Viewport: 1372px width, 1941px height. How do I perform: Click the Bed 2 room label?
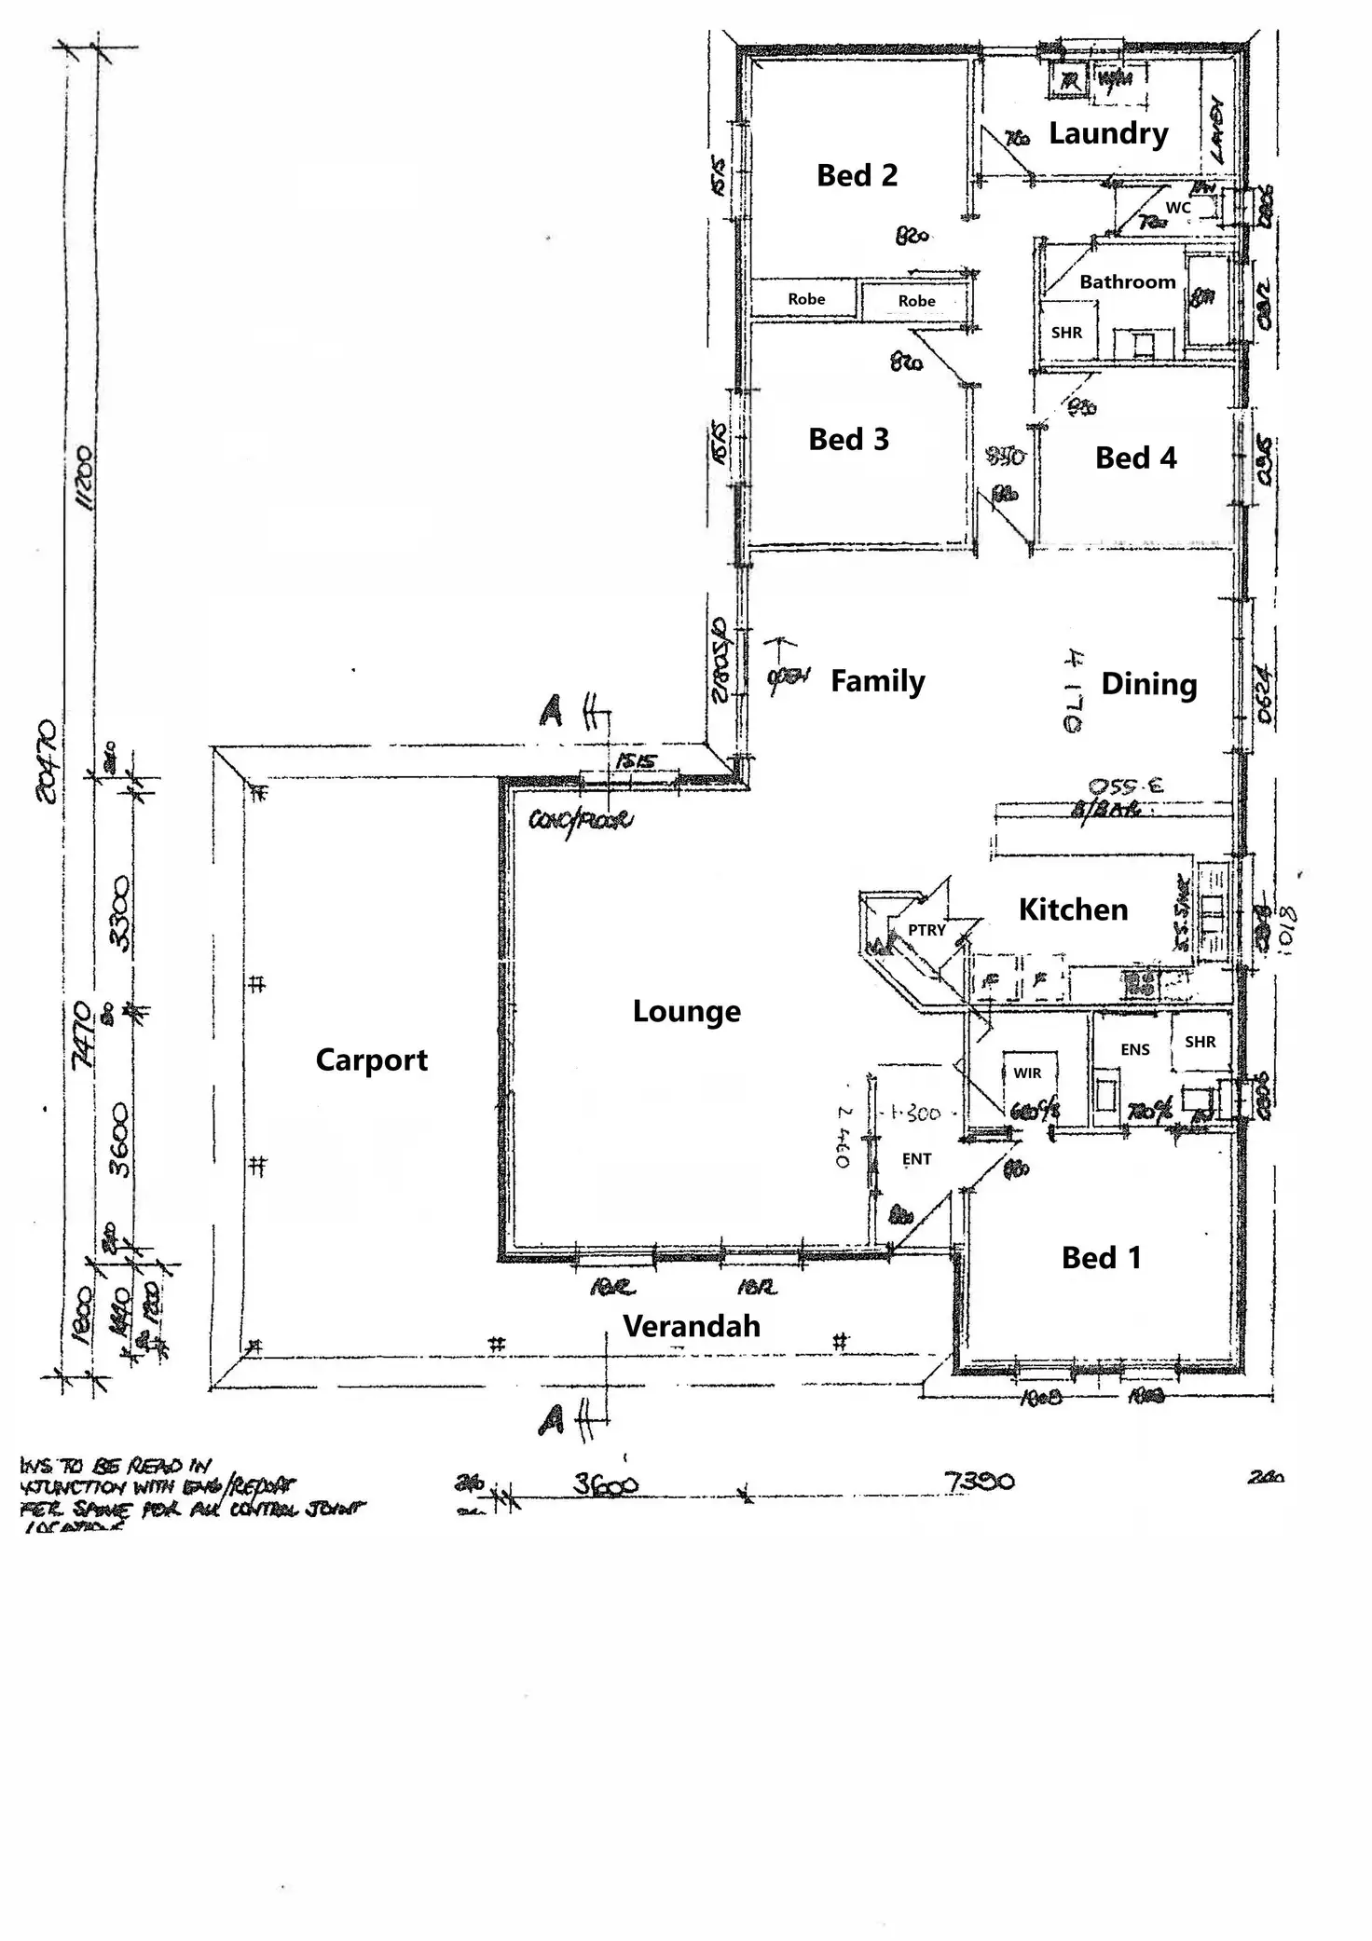pos(857,175)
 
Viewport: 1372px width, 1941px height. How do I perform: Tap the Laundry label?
pos(1107,133)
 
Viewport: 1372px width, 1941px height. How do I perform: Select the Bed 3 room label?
pos(848,439)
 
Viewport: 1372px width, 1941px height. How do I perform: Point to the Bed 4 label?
pos(1135,458)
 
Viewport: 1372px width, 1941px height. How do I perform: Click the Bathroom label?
pos(1127,281)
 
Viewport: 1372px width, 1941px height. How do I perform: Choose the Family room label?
pos(877,681)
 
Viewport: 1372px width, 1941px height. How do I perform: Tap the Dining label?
pos(1148,684)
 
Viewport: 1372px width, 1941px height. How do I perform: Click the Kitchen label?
pos(1073,909)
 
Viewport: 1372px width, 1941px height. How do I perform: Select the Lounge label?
pos(686,1011)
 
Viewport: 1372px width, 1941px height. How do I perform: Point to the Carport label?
pos(371,1059)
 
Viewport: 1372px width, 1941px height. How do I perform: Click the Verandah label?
pos(691,1326)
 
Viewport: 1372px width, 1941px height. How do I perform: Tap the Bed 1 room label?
pos(1101,1258)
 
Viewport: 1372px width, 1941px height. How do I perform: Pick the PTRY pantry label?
pos(926,930)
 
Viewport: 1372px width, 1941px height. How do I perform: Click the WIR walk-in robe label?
pos(1027,1073)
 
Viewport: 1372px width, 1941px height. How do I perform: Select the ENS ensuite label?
pos(1134,1050)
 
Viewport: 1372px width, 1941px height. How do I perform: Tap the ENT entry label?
pos(916,1159)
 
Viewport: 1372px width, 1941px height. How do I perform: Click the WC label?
pos(1178,208)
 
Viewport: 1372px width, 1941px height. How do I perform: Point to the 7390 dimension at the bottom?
pos(979,1481)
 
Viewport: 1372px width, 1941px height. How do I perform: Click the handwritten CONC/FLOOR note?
pos(581,821)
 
